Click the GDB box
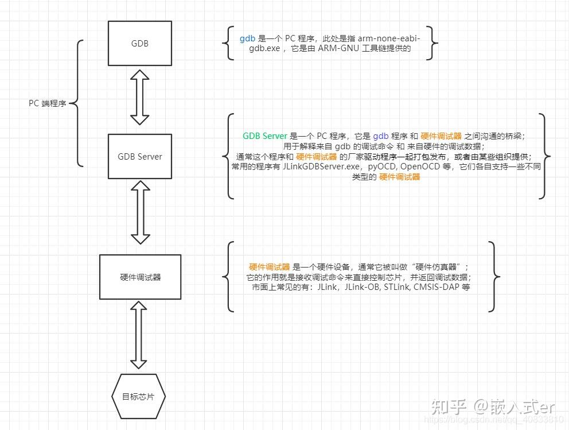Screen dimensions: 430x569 tap(140, 43)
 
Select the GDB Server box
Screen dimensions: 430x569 tap(140, 156)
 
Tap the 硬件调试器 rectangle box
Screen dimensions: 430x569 tap(140, 277)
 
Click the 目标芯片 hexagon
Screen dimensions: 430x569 tap(137, 397)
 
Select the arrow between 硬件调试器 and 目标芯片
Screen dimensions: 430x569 tap(138, 336)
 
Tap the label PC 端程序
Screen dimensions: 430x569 tap(47, 104)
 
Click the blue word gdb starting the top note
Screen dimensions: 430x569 tap(247, 38)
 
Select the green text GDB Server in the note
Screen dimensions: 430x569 tap(264, 136)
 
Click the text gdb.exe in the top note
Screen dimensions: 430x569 tap(264, 49)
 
